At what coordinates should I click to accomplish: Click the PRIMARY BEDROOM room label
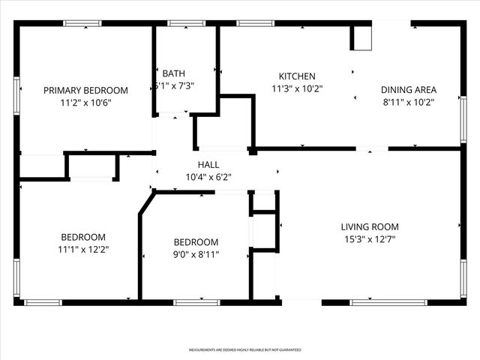pos(85,90)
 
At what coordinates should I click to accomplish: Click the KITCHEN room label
pos(297,76)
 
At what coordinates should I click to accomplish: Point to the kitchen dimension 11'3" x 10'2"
pos(297,88)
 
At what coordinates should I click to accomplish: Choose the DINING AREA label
pos(409,89)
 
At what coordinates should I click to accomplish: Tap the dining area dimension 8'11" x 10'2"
pos(409,101)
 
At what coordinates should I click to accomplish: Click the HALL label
pos(208,165)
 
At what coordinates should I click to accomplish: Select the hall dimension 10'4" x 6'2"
pos(208,178)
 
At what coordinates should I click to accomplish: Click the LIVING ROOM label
pos(370,227)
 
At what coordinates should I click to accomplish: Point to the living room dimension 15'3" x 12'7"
pos(370,240)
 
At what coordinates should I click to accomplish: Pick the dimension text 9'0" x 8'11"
pos(196,254)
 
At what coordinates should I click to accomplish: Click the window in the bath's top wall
pos(181,23)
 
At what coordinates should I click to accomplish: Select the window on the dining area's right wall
pos(463,118)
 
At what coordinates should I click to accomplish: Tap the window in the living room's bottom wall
pos(377,302)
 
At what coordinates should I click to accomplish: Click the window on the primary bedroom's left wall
pos(16,94)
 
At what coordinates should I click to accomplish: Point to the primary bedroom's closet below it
pos(92,166)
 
